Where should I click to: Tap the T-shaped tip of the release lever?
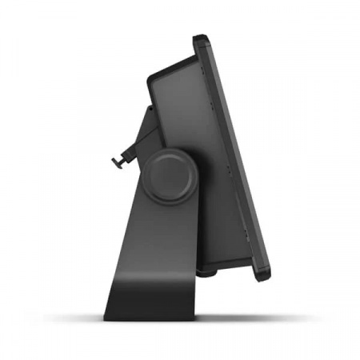116,160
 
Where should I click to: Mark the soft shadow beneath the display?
240,316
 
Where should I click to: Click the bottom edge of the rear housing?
200,264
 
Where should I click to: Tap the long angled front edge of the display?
236,160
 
